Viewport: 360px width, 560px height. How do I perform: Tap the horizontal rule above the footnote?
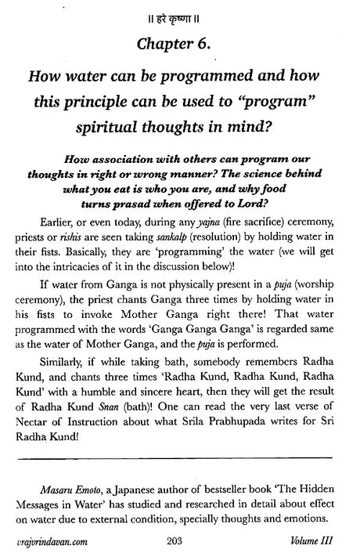[181, 480]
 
